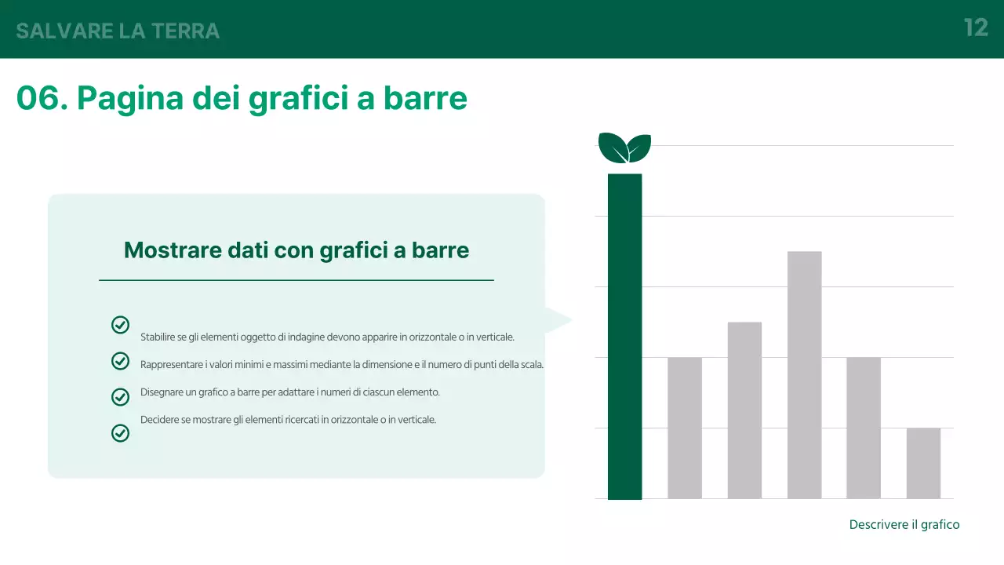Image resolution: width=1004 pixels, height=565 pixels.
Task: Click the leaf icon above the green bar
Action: (x=624, y=148)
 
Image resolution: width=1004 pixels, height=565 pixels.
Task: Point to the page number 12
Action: (x=976, y=28)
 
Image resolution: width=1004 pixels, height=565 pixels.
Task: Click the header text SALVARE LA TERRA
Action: (x=118, y=31)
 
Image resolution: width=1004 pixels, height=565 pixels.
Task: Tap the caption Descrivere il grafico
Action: (x=904, y=524)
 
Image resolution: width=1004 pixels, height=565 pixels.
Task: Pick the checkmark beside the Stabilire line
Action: (x=120, y=325)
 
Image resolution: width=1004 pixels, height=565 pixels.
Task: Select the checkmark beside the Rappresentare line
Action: (x=120, y=361)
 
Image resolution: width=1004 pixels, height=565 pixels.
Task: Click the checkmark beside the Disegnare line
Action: (x=120, y=397)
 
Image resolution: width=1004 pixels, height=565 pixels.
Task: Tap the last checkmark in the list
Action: (x=120, y=432)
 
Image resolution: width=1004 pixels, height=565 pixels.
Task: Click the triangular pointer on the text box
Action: (x=558, y=319)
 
